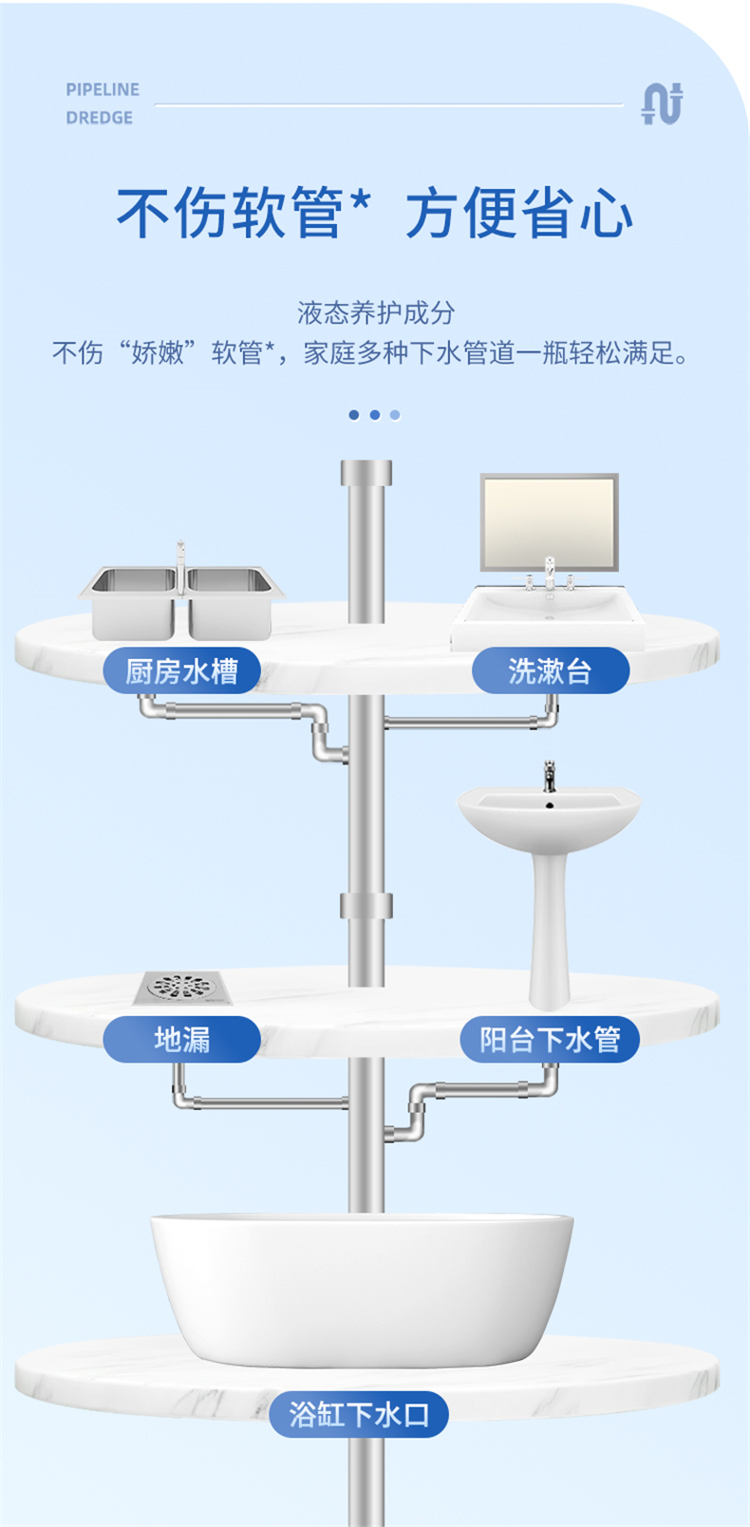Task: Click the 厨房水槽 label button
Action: [181, 671]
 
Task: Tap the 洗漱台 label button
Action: [550, 671]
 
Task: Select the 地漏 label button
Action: [181, 1039]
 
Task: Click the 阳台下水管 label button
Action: [550, 1039]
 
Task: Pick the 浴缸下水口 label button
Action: [359, 1414]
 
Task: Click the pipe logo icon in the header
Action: [662, 104]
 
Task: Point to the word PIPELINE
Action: [103, 89]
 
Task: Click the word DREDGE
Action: [99, 118]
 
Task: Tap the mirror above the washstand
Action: [549, 521]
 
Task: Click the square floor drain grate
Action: [183, 988]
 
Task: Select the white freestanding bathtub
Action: [362, 1287]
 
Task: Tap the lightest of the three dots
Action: [395, 415]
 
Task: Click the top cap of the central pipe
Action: [366, 472]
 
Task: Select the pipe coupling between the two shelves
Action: [366, 905]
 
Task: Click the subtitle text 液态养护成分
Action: [376, 312]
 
